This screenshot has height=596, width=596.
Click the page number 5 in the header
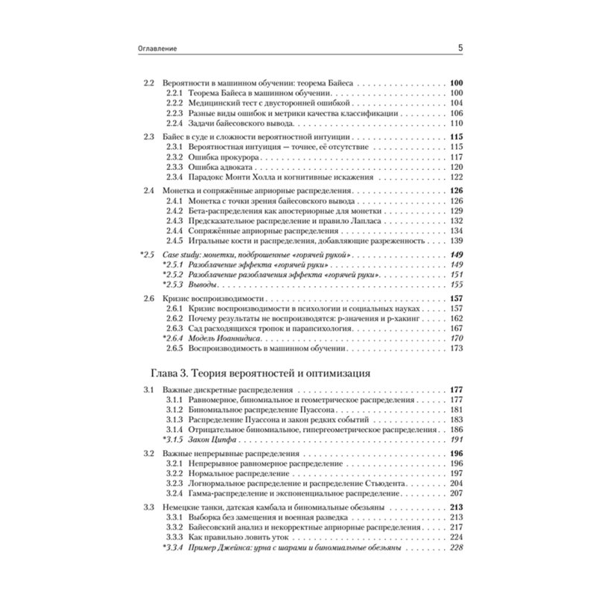pos(460,49)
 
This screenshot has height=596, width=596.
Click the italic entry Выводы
pos(205,285)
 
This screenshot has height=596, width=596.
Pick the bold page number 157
pos(457,299)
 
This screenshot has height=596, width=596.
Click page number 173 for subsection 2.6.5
pos(457,349)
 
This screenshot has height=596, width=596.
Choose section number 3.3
pos(148,507)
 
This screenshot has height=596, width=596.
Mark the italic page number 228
pos(457,548)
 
